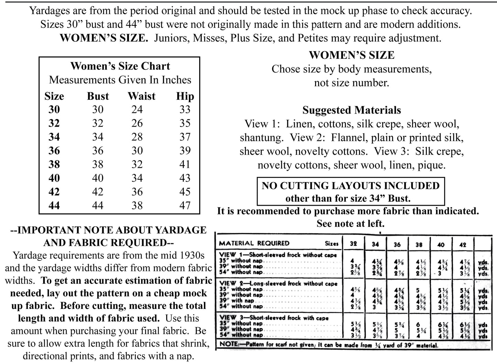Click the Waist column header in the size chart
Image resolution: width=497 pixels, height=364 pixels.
click(x=141, y=96)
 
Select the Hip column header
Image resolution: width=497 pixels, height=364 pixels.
click(x=185, y=96)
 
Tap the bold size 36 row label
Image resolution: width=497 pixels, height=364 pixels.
click(x=54, y=151)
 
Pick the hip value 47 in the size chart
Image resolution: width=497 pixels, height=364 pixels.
click(x=185, y=205)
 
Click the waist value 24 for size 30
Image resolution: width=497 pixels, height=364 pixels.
click(x=137, y=109)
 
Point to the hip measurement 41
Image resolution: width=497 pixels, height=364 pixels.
click(x=185, y=164)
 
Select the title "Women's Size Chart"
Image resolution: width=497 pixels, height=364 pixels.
click(x=120, y=66)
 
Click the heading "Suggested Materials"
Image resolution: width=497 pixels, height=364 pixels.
click(x=352, y=110)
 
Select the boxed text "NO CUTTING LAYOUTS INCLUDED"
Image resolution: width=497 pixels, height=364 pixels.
click(x=350, y=186)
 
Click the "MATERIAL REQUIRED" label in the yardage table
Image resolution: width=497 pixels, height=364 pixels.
click(x=254, y=243)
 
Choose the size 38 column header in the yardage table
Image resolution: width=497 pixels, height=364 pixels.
click(x=419, y=245)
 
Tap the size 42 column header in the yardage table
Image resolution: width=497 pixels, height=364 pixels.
click(x=463, y=245)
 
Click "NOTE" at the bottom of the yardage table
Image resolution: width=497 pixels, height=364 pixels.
click(x=228, y=344)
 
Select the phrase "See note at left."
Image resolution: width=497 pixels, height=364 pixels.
click(x=350, y=224)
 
